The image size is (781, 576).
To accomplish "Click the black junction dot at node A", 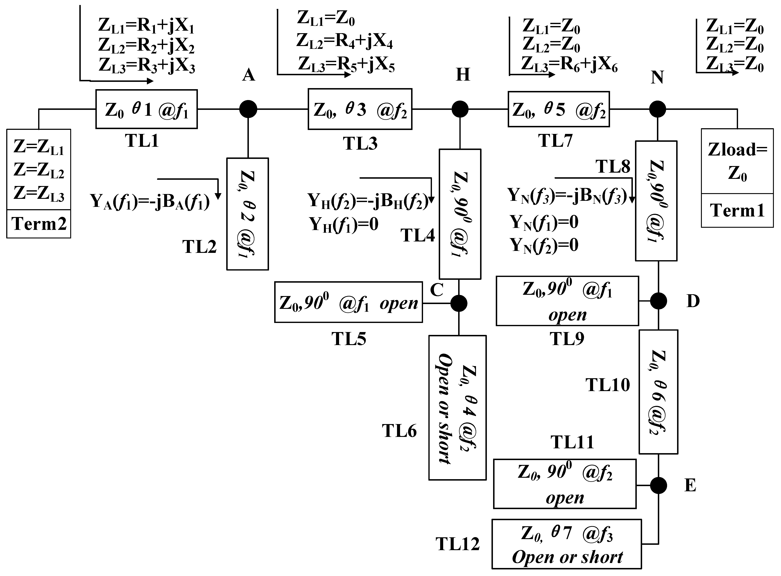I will click(x=248, y=109).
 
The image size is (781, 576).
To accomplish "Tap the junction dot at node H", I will click(x=460, y=109).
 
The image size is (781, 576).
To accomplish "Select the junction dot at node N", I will click(x=658, y=109).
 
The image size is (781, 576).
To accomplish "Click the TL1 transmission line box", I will click(x=146, y=109).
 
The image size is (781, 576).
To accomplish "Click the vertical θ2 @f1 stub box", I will click(x=247, y=214).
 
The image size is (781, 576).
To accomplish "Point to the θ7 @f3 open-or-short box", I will click(x=566, y=544).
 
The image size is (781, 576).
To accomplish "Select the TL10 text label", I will click(x=607, y=385).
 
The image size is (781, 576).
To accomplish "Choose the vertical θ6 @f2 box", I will click(x=658, y=392).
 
